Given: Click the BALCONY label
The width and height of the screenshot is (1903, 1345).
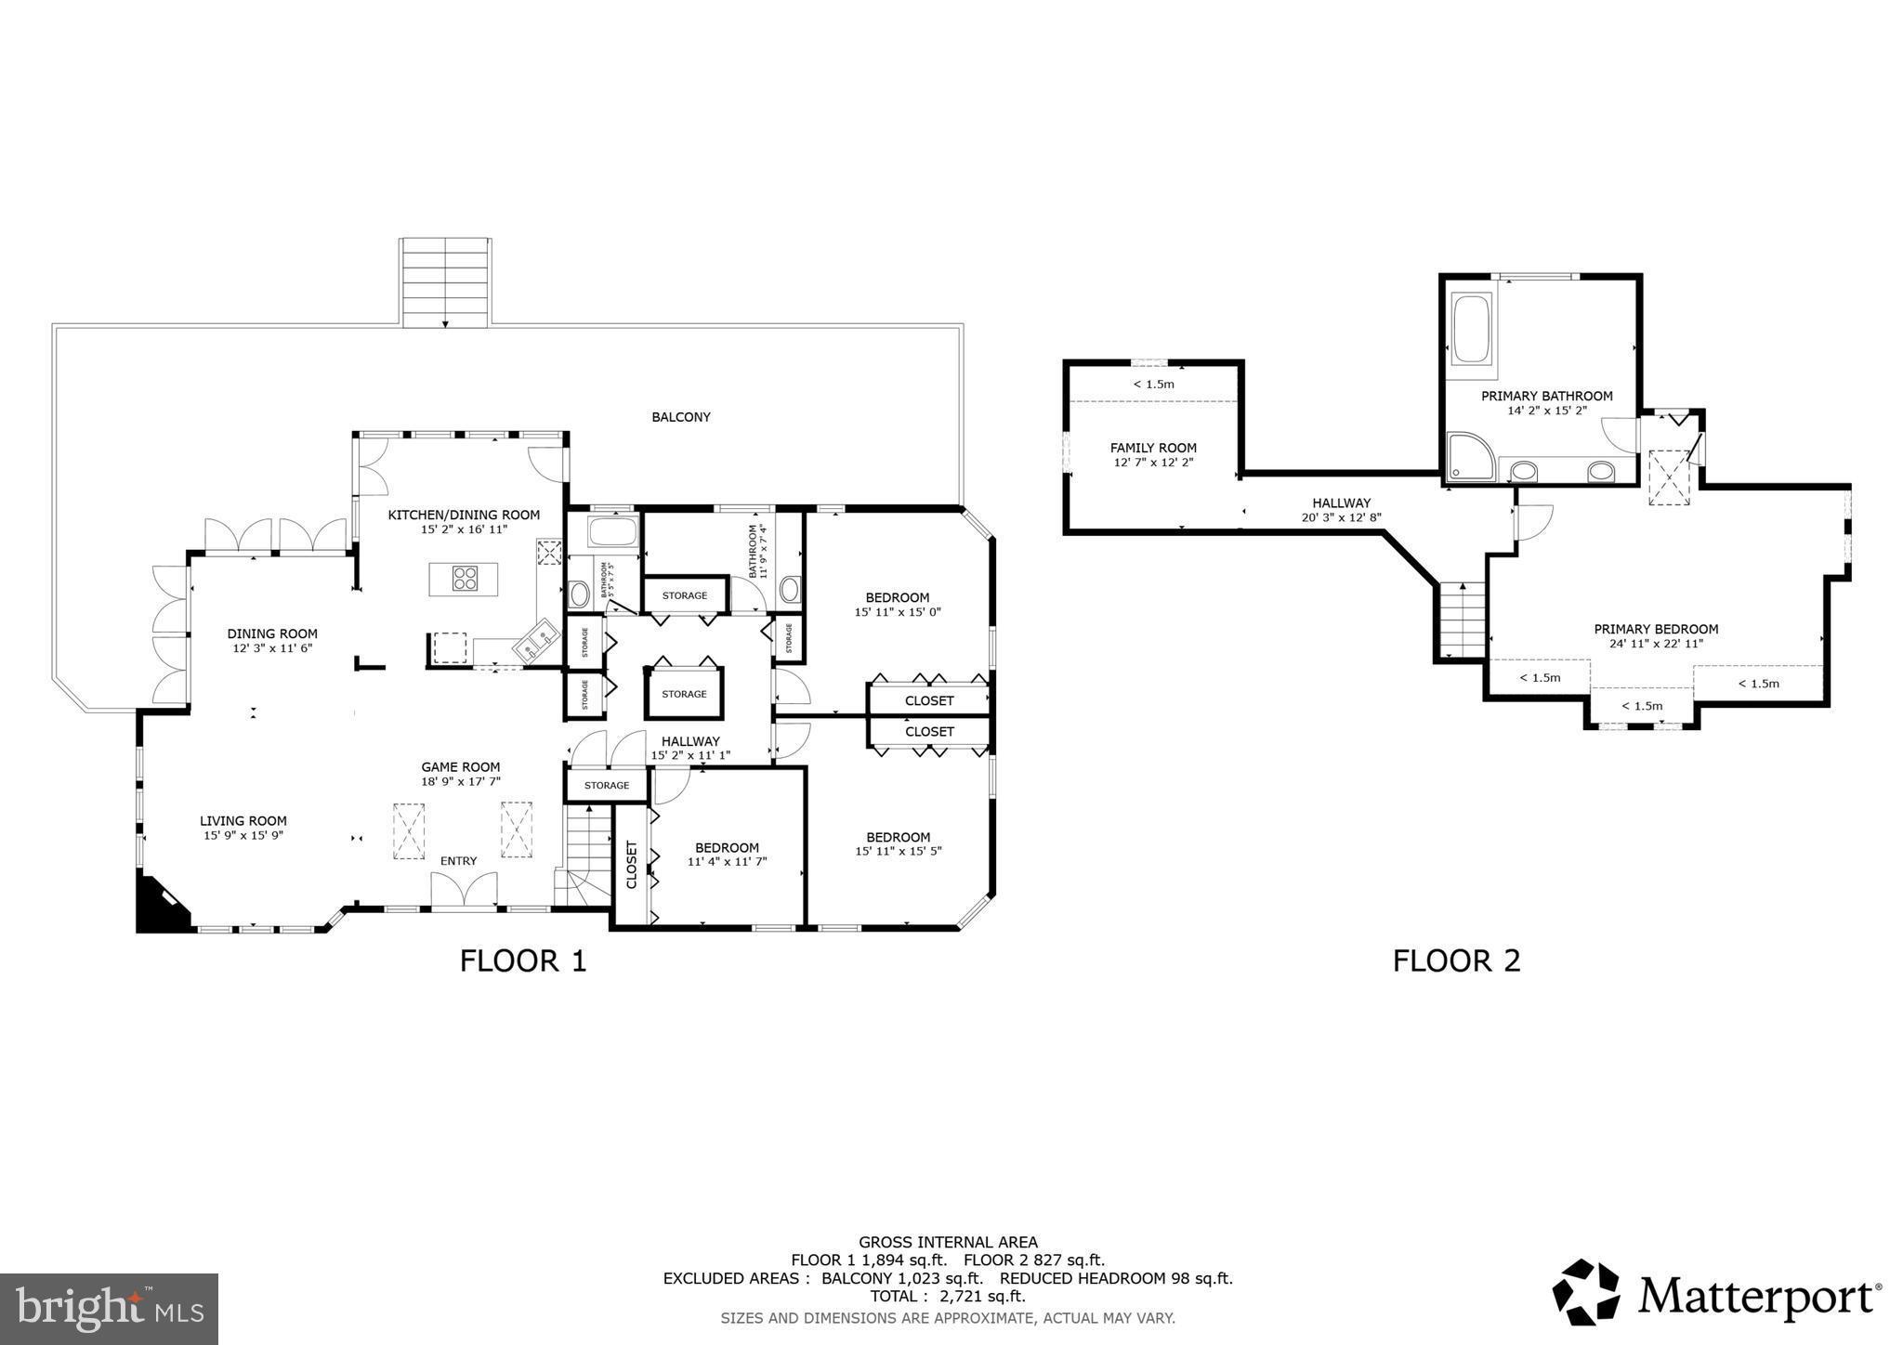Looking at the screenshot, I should (x=680, y=417).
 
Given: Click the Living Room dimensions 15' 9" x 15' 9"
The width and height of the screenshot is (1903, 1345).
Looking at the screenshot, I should (x=243, y=835).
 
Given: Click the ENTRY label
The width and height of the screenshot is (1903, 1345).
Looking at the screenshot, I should (x=458, y=861).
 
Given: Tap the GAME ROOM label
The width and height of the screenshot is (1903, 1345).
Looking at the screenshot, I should (x=461, y=767).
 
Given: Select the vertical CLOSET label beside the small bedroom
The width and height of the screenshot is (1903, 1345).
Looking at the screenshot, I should (x=632, y=865).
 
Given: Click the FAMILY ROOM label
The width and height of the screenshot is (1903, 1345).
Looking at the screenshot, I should (x=1153, y=448).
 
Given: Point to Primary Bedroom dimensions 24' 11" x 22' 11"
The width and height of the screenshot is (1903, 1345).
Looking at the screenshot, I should (x=1656, y=643).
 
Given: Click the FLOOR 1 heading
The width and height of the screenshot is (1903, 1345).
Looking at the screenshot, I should (x=523, y=960).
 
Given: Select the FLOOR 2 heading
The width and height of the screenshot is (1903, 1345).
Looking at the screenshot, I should (x=1456, y=960).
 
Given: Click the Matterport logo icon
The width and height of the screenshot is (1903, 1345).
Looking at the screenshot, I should (x=1586, y=1292).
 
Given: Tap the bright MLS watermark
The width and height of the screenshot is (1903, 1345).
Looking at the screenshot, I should (x=109, y=1309).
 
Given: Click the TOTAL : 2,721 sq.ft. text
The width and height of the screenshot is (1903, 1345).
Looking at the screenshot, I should (x=947, y=1296).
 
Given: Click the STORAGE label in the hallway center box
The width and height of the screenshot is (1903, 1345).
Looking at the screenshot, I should (x=684, y=694).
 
